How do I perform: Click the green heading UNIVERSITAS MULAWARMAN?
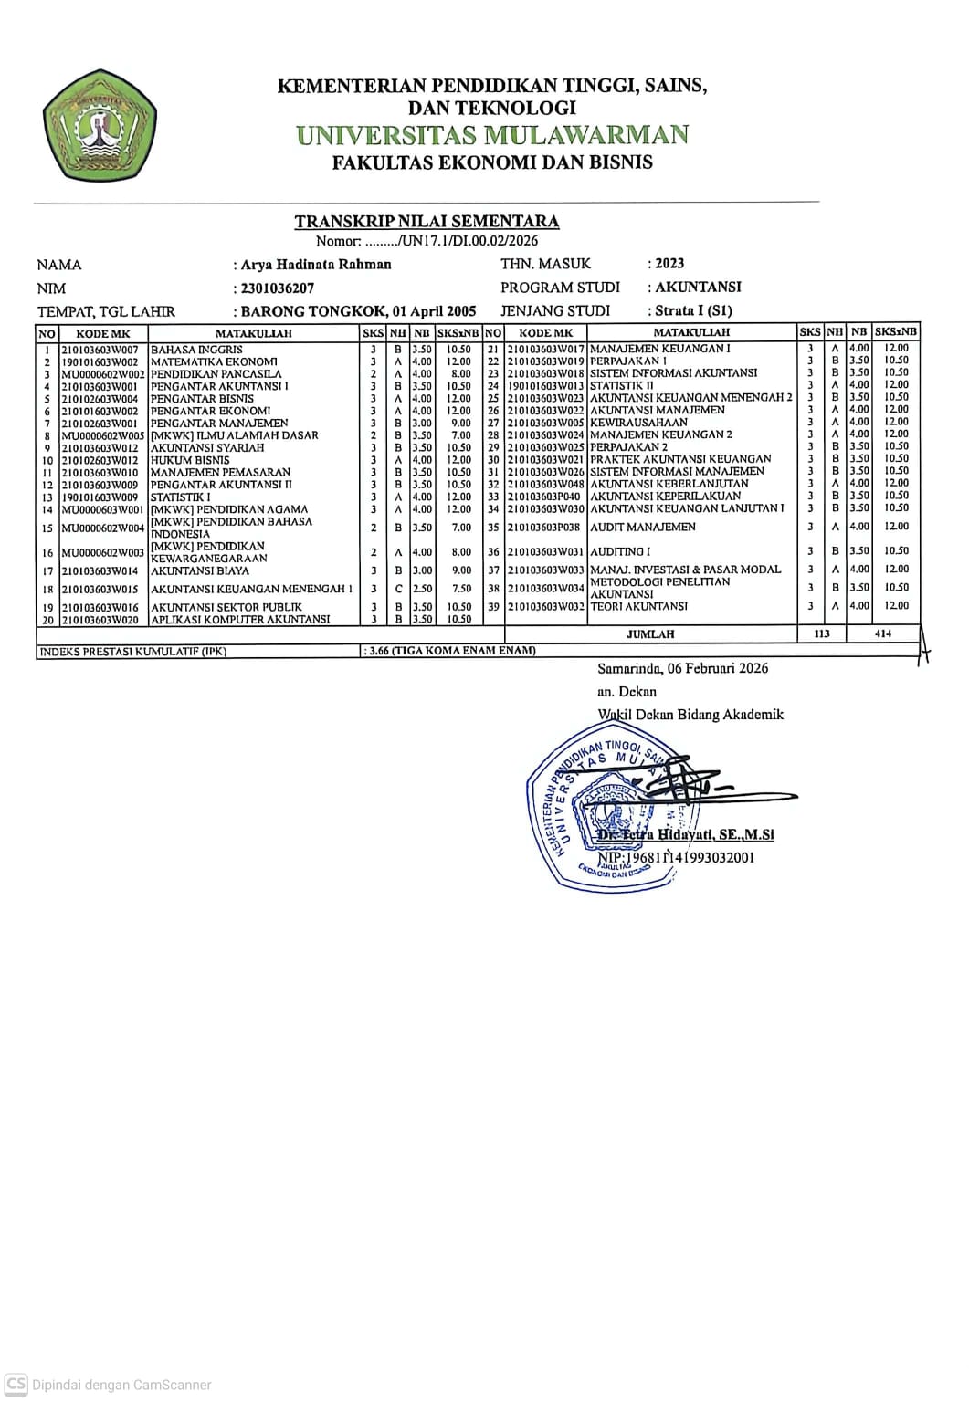pos(492,135)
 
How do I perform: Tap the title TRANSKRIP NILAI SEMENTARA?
pos(427,221)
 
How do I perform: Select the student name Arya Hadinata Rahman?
pos(316,265)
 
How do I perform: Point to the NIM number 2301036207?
pos(278,288)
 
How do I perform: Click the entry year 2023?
pos(669,264)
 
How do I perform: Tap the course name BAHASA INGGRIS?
pos(196,350)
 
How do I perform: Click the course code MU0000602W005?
pos(102,436)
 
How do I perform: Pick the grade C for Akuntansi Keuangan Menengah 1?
pos(398,589)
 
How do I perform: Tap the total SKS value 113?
pos(821,633)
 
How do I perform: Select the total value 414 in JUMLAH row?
pos(883,633)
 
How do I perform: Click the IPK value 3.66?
pos(379,651)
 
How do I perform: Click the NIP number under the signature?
pos(677,858)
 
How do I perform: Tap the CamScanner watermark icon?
pos(16,1384)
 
